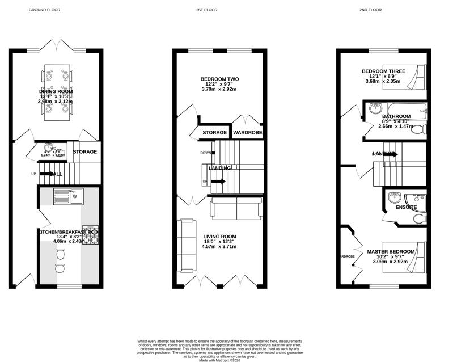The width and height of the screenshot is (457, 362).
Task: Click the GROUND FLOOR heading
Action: [x=44, y=10]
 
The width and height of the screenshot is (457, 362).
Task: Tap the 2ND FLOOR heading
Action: [x=371, y=10]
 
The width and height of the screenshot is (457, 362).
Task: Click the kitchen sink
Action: [x=67, y=196]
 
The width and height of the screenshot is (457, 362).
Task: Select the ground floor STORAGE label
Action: [x=84, y=152]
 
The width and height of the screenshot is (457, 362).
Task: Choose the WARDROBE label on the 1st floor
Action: [x=248, y=133]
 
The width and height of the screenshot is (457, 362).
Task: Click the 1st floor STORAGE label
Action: [x=215, y=133]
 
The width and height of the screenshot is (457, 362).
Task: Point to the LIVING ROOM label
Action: [x=220, y=237]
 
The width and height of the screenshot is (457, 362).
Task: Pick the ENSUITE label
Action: [x=407, y=207]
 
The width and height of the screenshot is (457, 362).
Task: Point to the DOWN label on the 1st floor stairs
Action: [x=205, y=153]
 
